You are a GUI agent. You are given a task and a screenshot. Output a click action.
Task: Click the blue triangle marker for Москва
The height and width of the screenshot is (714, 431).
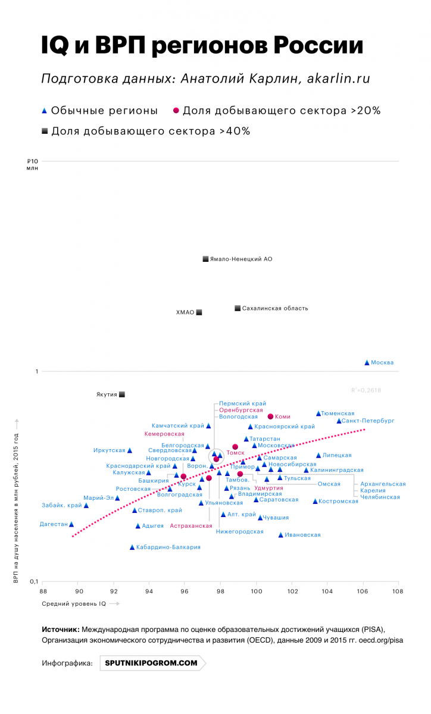(x=367, y=362)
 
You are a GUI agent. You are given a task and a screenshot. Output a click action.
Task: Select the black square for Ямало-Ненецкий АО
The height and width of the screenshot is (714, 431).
(x=205, y=259)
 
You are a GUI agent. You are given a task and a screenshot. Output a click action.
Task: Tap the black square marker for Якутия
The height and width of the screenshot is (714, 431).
(x=122, y=394)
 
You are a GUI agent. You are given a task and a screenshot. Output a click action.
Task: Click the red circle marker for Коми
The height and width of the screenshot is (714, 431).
(x=270, y=416)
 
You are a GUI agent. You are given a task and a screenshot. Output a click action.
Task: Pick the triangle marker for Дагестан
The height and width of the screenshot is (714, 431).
(x=71, y=524)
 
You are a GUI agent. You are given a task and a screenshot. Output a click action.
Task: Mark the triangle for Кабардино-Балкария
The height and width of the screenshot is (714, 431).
(x=132, y=547)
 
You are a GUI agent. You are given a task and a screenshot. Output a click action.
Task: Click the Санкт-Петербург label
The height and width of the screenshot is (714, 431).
(x=368, y=421)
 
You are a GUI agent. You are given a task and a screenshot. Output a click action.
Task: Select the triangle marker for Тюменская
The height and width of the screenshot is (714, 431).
(x=318, y=413)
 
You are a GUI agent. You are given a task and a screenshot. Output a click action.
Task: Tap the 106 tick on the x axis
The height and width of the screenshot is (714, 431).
(x=362, y=591)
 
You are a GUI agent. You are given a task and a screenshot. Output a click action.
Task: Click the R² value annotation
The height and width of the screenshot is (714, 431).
(x=366, y=390)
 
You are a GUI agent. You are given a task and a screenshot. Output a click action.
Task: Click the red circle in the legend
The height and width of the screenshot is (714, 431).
(x=176, y=111)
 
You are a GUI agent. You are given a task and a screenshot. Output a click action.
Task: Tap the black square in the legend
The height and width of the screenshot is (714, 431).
(x=45, y=131)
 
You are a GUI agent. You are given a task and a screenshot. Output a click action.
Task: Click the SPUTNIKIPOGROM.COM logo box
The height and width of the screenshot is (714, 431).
(x=151, y=662)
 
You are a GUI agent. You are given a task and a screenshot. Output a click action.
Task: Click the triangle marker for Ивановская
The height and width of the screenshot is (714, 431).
(x=280, y=535)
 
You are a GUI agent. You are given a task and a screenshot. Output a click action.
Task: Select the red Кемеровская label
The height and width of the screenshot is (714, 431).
(x=164, y=434)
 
